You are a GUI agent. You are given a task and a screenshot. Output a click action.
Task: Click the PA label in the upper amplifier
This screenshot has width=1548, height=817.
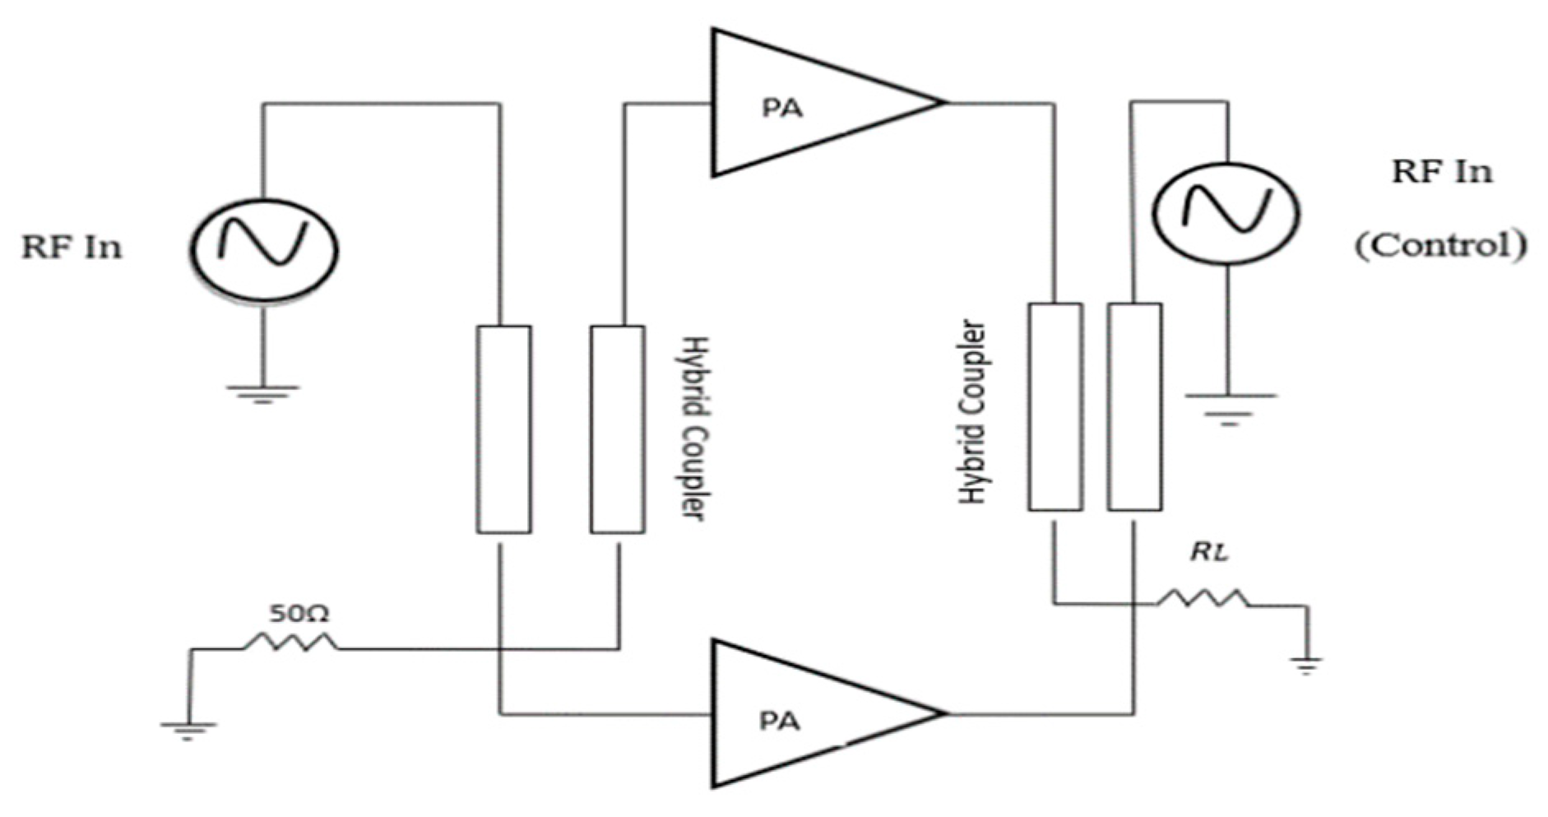[x=782, y=108]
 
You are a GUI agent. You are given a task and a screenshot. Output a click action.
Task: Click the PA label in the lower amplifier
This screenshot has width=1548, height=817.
[x=779, y=721]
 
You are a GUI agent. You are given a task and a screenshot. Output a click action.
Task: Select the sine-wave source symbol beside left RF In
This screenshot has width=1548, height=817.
[x=263, y=248]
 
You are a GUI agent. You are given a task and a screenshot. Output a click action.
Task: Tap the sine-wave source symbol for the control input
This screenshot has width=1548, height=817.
[x=1226, y=211]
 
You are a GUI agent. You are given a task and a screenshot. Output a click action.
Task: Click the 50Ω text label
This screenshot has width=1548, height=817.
[x=299, y=614]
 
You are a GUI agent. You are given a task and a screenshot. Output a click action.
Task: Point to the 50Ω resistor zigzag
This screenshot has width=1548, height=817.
[x=290, y=643]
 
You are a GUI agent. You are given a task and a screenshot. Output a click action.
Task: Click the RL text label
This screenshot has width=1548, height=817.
[x=1209, y=553]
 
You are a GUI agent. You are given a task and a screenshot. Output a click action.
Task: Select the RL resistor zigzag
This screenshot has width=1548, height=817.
[x=1203, y=599]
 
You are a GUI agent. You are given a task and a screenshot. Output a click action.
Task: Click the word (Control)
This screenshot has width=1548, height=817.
[x=1440, y=245]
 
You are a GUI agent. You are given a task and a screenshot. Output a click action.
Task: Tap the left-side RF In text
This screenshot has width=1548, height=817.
[x=72, y=248]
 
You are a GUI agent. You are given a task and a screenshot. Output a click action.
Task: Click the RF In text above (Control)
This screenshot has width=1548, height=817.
[x=1441, y=172]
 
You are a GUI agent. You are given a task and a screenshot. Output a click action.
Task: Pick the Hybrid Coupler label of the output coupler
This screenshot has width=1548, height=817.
[x=973, y=412]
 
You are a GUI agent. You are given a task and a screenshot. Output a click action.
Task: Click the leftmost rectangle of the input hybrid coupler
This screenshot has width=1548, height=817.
[x=503, y=429]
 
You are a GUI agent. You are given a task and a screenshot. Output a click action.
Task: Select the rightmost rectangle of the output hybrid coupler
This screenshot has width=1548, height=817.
[x=1134, y=407]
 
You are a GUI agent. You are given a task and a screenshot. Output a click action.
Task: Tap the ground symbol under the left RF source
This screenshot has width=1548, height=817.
[x=262, y=394]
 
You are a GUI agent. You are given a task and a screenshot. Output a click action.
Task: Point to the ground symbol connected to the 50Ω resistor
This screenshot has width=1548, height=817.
[x=188, y=731]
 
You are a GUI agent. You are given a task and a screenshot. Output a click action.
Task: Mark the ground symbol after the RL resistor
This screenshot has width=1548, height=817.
[x=1305, y=664]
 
